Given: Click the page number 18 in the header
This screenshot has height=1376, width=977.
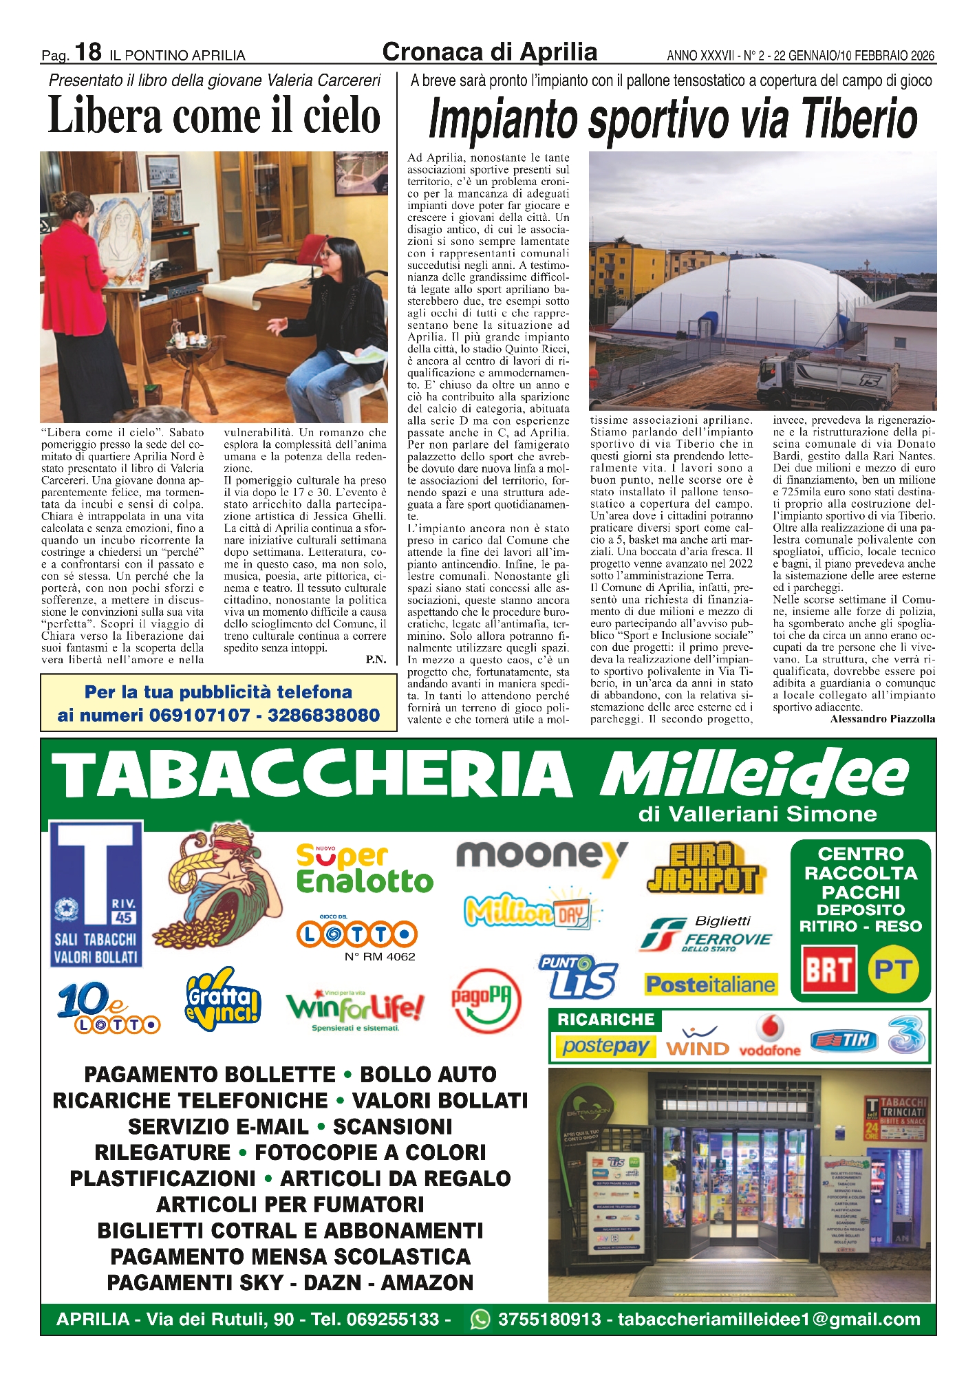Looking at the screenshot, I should (88, 52).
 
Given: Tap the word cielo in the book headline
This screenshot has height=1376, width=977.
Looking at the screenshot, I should (342, 115).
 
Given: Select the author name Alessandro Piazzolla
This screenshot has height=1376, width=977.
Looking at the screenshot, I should (883, 719).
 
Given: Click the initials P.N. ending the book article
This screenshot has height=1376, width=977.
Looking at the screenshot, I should (376, 659).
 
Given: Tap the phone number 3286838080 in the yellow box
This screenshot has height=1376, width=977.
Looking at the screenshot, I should (323, 716).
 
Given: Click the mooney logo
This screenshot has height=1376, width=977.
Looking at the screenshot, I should (541, 856).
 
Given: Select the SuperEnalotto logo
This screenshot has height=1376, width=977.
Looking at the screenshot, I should (365, 869).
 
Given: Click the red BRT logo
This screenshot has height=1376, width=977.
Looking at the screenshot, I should (829, 969).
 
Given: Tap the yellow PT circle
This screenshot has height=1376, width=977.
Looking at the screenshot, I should (893, 969).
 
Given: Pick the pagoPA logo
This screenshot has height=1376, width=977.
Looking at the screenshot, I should (486, 1000).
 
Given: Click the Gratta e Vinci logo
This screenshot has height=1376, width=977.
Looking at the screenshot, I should (224, 1000).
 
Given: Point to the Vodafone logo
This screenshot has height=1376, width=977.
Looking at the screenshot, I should (770, 1036).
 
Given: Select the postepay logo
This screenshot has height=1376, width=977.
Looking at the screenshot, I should (605, 1046).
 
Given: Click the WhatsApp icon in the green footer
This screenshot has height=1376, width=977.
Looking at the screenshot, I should (480, 1319).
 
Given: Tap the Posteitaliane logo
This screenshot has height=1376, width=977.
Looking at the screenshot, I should (711, 985).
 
